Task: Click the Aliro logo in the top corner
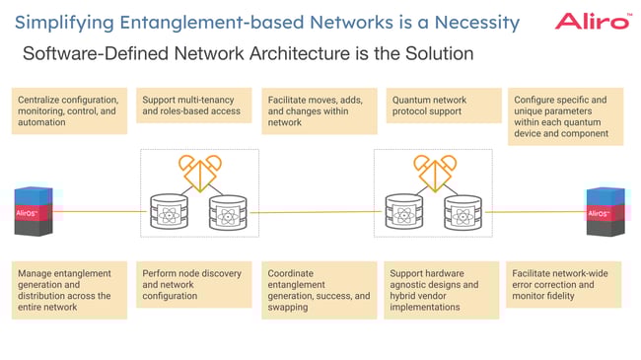coord(593,20)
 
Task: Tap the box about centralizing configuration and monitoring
coord(69,111)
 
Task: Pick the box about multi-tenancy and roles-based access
coord(193,106)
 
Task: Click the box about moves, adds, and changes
coord(320,111)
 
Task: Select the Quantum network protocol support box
coord(444,106)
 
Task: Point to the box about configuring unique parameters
coord(566,116)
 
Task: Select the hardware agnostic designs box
coord(444,289)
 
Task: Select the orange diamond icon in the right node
coord(434,172)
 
